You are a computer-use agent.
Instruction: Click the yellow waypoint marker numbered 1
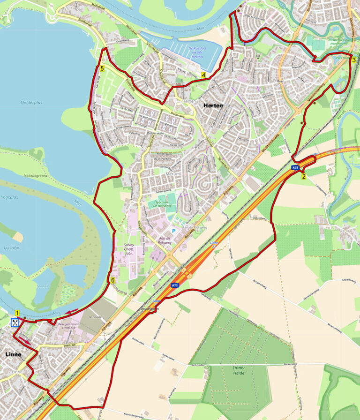point(17,313)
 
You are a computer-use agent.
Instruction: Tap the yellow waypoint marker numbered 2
point(304,176)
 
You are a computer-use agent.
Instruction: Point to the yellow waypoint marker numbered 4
point(203,75)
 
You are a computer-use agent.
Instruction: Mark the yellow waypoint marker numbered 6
point(112,280)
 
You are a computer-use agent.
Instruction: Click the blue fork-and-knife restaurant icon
point(15,322)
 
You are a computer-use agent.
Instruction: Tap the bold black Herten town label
point(213,105)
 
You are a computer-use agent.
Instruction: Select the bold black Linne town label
point(13,354)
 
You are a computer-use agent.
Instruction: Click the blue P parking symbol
point(173,231)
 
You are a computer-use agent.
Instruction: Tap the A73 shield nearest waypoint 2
point(295,167)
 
